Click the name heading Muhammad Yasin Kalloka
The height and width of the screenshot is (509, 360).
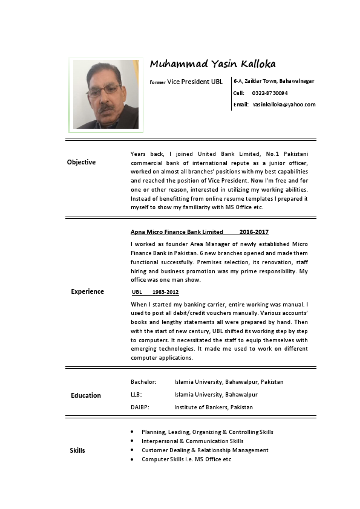point(208,64)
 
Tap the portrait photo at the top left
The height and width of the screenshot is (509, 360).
point(105,94)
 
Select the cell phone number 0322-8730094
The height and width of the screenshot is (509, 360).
point(270,93)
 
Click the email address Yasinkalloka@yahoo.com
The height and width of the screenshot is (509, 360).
point(284,105)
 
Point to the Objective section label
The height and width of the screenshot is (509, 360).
point(81,162)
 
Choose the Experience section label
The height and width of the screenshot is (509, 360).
point(87,291)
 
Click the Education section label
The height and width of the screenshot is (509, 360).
point(86,395)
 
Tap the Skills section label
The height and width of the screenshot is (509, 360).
point(77,450)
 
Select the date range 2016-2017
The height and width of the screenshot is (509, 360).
point(254,232)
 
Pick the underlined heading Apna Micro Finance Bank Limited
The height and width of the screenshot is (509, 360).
point(177,232)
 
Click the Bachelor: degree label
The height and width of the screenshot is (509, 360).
point(144,382)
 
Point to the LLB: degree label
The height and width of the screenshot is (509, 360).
point(137,395)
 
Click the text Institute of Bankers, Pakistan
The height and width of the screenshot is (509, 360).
point(213,407)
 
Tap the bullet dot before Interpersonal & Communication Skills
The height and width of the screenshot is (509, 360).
point(133,441)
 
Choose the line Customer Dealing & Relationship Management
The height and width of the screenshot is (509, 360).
point(205,450)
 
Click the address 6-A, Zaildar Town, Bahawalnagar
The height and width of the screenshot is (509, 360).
point(274,81)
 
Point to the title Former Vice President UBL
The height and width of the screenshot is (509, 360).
point(188,81)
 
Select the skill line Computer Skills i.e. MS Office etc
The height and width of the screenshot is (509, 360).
point(186,459)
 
